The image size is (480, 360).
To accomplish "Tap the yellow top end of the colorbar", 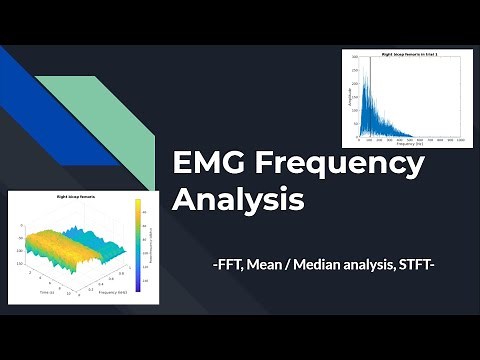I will point(138,204).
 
